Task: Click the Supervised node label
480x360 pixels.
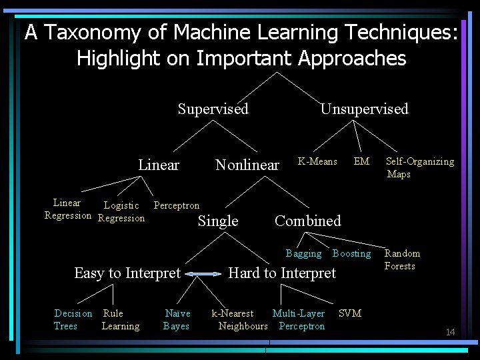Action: pyautogui.click(x=213, y=109)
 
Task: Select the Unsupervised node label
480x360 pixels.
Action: pyautogui.click(x=364, y=109)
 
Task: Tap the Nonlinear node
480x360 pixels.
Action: pyautogui.click(x=247, y=165)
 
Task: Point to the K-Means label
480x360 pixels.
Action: pyautogui.click(x=317, y=161)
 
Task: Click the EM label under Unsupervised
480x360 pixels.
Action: pyautogui.click(x=361, y=161)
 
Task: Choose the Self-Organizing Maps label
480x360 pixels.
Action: pyautogui.click(x=419, y=167)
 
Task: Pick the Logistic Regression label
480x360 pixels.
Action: pyautogui.click(x=121, y=212)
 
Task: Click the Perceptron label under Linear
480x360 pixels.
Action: pyautogui.click(x=176, y=205)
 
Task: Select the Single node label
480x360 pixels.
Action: pyautogui.click(x=218, y=221)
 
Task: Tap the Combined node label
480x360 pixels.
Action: pyautogui.click(x=307, y=221)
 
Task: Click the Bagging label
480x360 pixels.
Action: pyautogui.click(x=303, y=253)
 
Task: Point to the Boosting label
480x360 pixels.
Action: pyautogui.click(x=351, y=253)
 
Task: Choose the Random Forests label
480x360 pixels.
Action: pyautogui.click(x=402, y=259)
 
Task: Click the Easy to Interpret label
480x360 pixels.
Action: pyautogui.click(x=127, y=273)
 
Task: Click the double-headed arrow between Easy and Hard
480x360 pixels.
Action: pyautogui.click(x=204, y=273)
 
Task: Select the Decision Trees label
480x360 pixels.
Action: pyautogui.click(x=73, y=319)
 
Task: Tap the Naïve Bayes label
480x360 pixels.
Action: pyautogui.click(x=177, y=319)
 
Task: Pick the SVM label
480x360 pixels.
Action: pyautogui.click(x=349, y=313)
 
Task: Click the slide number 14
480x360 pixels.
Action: pyautogui.click(x=450, y=332)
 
